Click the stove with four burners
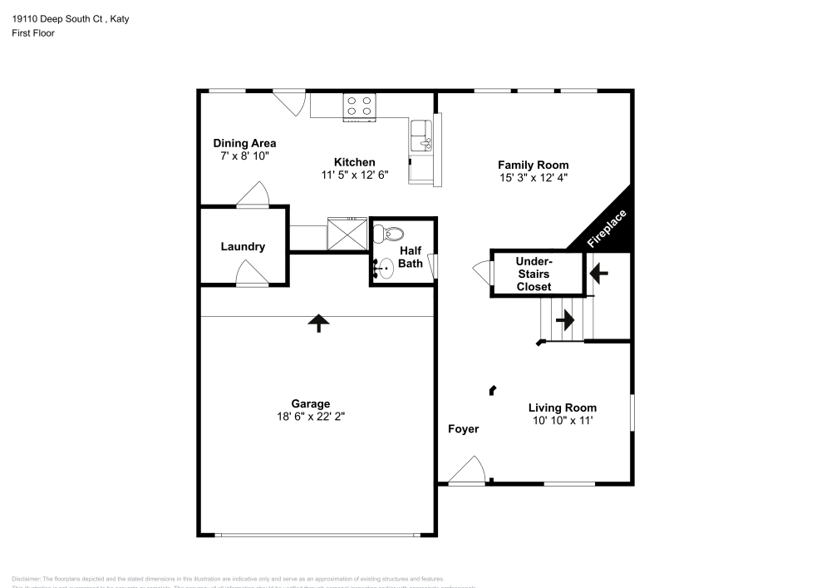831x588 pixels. pos(359,106)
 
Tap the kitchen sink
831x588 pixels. pos(421,136)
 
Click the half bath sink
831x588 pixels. pos(384,268)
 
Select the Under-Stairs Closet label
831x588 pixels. pos(534,274)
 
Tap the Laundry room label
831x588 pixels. pos(243,247)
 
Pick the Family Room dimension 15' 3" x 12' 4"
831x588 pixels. pos(533,177)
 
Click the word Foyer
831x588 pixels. pos(463,429)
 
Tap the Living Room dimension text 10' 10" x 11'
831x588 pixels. pos(563,421)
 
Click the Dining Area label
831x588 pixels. pos(244,143)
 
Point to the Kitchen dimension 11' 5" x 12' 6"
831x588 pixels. pos(354,175)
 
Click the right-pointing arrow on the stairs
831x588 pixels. pos(565,319)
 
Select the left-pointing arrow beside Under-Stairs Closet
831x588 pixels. pos(598,272)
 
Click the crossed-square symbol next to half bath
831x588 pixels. pos(347,233)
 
